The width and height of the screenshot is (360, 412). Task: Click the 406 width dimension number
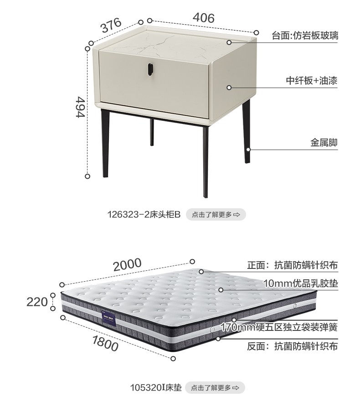pos(203,18)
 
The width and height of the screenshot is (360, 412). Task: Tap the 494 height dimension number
pos(81,108)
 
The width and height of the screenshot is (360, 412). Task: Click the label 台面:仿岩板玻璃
pos(304,36)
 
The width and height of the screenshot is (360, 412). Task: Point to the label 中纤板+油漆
pos(312,81)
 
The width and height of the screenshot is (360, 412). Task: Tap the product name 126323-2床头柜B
pos(144,214)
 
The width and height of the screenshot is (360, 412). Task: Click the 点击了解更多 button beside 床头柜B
pos(216,214)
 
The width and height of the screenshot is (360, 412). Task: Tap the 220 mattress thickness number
pos(37,302)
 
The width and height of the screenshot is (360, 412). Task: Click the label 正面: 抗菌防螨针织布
pos(292,265)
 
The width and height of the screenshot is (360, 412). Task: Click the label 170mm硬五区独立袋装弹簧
pos(279,327)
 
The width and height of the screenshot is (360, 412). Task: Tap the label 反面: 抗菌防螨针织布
pos(292,346)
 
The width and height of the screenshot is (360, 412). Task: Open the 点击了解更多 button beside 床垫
pos(215,388)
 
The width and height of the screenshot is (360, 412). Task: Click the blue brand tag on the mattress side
pos(108,318)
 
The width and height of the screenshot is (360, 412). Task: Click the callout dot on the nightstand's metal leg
pos(248,149)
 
